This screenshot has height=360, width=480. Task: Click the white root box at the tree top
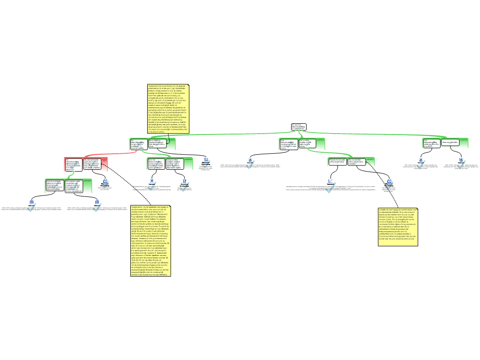[x=298, y=127]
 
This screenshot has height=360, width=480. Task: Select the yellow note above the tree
[x=168, y=109]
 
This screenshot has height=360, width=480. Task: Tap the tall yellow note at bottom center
[x=150, y=240]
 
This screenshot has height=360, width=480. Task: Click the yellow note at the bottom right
[x=397, y=227]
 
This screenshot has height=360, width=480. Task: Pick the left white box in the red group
[x=74, y=164]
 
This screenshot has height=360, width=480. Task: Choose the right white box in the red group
[x=92, y=163]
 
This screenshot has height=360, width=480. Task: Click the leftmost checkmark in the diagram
[x=31, y=207]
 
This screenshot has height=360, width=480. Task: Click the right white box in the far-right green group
[x=450, y=142]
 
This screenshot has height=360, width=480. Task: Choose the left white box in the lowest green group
[x=54, y=185]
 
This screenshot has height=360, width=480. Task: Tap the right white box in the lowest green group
[x=74, y=185]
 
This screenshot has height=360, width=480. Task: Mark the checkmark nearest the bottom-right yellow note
[x=389, y=185]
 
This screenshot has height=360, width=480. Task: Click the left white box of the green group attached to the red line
[x=139, y=144]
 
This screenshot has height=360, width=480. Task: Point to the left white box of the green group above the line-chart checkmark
[x=337, y=161]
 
